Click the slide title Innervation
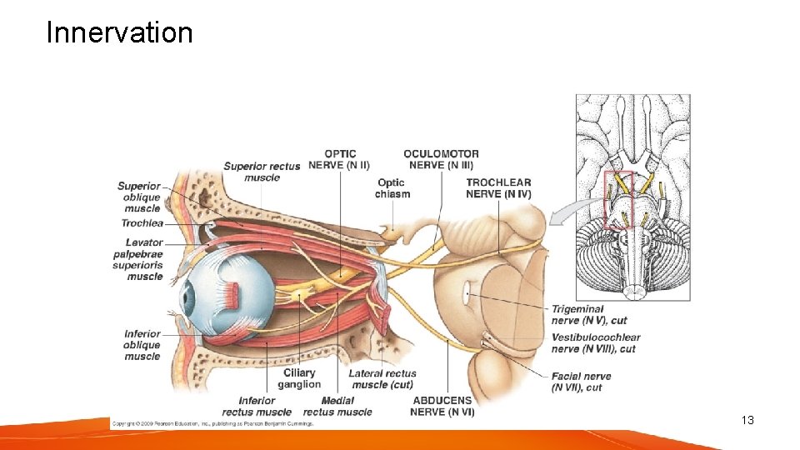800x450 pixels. tap(119, 32)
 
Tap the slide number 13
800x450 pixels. tap(747, 420)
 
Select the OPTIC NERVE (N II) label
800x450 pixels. tap(340, 159)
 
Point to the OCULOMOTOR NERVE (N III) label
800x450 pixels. tap(441, 159)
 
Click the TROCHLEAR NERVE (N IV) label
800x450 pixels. tap(498, 188)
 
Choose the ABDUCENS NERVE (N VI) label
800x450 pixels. tap(442, 406)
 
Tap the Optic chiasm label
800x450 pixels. tap(392, 188)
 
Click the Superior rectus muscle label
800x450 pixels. tap(261, 172)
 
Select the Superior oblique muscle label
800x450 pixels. tap(139, 197)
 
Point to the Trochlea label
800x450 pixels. tap(142, 223)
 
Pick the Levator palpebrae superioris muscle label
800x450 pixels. tap(138, 259)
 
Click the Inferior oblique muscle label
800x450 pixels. tap(142, 345)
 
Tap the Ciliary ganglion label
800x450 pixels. tap(299, 379)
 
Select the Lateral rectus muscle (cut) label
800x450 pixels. tap(382, 379)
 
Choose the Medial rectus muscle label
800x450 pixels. tap(337, 406)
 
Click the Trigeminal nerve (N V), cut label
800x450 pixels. tap(589, 314)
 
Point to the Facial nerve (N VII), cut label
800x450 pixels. tap(581, 382)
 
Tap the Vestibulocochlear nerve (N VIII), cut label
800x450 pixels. tap(596, 342)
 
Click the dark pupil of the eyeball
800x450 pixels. tap(188, 297)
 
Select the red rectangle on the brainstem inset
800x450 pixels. tap(619, 200)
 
